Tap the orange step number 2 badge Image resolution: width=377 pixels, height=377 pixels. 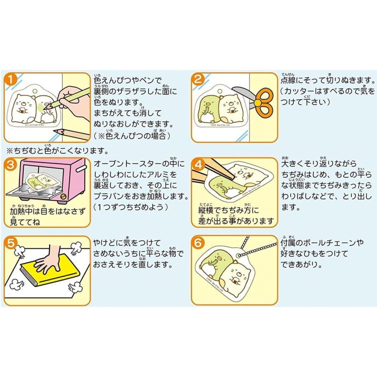pos(199,79)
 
